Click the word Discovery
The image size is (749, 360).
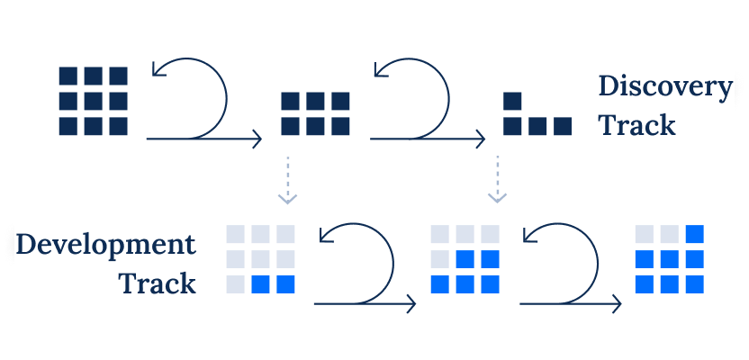coord(665,87)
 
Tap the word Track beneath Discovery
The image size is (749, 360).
coord(636,124)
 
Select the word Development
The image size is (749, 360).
coord(105,246)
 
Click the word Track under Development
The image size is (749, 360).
coord(158,283)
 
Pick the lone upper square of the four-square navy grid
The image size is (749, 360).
coord(512,101)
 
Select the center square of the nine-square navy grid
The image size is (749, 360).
coord(93,101)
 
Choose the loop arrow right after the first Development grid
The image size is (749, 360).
coord(365,265)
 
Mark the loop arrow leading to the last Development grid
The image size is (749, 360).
coord(570,265)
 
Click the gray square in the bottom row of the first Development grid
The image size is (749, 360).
coord(235,285)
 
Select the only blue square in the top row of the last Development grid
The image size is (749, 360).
coord(694,235)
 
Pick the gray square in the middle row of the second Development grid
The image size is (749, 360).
coord(440,260)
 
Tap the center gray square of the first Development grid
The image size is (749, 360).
coord(260,260)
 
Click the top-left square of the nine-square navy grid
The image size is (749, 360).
coord(68,76)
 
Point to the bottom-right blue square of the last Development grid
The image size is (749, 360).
coord(694,285)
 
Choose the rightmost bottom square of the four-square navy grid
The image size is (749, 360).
coord(563,126)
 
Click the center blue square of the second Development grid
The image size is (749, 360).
coord(465,260)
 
